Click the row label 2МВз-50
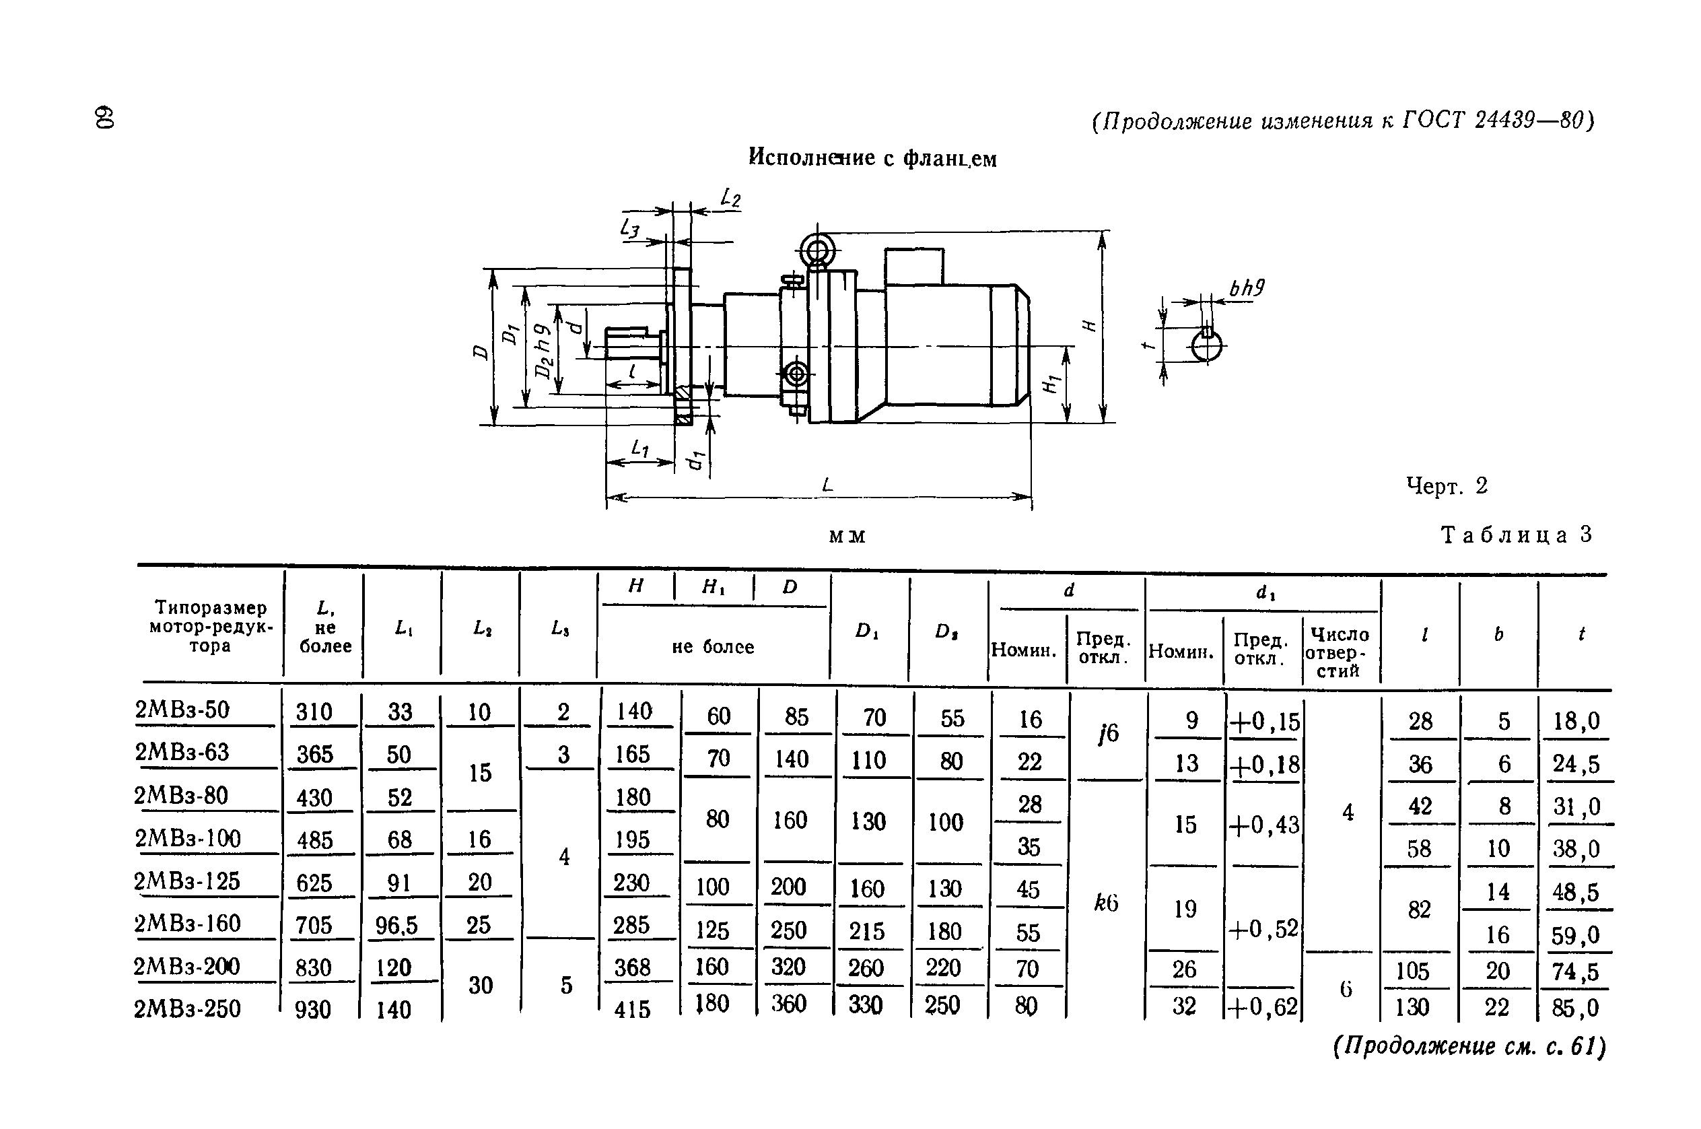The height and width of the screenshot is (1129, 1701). coord(182,710)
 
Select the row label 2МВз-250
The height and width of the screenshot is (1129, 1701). coord(187,1008)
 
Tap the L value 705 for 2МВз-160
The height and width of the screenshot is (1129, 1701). coord(314,925)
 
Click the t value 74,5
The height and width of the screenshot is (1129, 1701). coord(1575,972)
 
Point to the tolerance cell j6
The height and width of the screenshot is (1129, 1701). coord(1109,734)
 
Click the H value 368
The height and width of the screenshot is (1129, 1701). coord(632,967)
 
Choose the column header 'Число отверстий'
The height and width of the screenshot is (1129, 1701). coord(1339,652)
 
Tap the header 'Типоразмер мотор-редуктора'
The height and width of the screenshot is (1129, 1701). coord(211,626)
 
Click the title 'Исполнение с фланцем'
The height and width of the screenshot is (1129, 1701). coord(872,158)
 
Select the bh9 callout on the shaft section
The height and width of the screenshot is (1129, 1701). coord(1247,289)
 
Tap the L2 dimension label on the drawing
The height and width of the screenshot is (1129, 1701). coord(730,197)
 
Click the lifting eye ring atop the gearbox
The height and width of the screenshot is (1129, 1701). coord(818,250)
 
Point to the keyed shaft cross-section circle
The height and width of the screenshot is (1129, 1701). coord(1206,346)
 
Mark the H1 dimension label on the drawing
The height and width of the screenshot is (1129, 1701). coord(1051,385)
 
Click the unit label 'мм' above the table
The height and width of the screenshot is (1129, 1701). coord(847,537)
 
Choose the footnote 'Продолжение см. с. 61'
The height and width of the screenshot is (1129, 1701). coord(1469,1046)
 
